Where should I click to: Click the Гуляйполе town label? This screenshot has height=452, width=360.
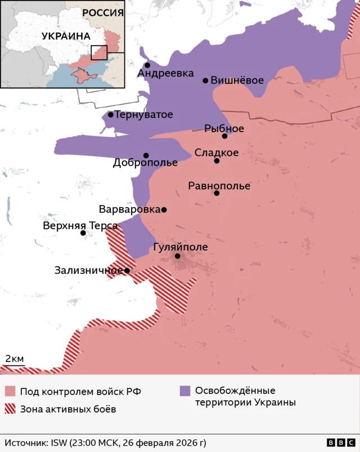point(180,247)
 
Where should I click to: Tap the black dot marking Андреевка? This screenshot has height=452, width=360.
point(147,65)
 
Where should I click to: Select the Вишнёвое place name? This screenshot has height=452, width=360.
point(236,80)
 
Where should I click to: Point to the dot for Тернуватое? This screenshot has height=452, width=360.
point(111,115)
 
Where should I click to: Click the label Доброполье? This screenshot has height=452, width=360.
point(145,163)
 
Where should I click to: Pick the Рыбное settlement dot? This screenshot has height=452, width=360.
point(224,136)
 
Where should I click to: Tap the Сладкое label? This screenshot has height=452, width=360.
point(217,152)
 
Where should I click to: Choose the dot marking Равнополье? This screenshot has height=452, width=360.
point(217,193)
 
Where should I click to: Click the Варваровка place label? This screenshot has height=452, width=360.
point(129,210)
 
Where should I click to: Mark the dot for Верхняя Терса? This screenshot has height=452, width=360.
point(83,233)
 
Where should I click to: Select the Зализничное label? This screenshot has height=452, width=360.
point(88,270)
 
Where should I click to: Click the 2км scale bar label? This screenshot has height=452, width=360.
point(14,359)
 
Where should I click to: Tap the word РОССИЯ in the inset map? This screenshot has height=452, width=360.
point(102,13)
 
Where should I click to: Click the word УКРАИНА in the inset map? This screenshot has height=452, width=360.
point(66,36)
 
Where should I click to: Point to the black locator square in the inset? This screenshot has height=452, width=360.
point(98,53)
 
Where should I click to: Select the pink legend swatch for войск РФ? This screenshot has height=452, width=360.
point(10,391)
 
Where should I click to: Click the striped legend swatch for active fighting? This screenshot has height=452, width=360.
point(10,409)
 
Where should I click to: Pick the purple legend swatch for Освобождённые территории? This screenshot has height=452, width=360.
point(184,391)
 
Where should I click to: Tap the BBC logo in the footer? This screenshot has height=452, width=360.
point(340,443)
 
